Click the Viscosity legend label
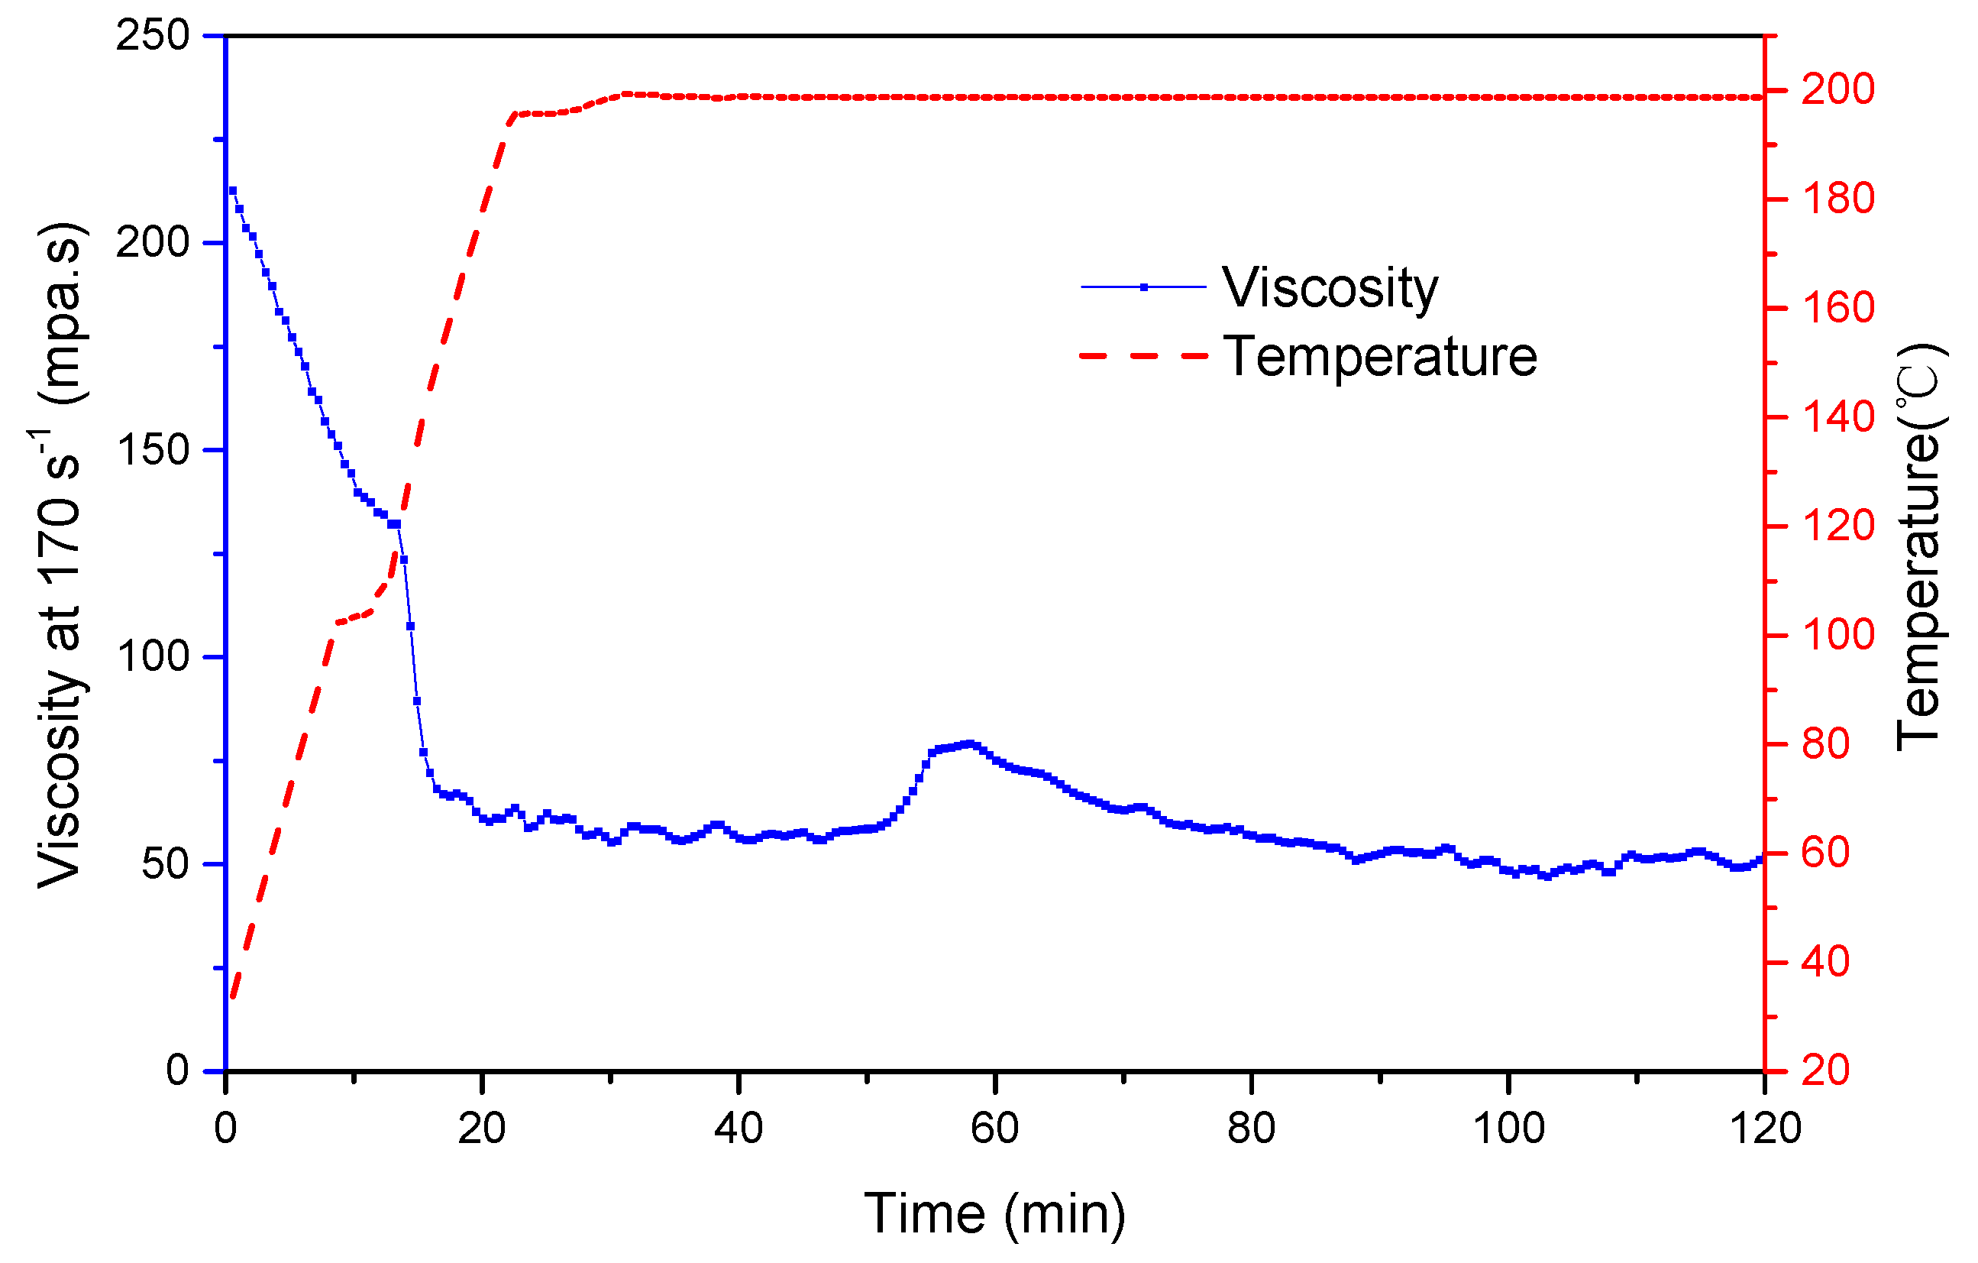pyautogui.click(x=1330, y=288)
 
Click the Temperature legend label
pyautogui.click(x=1380, y=358)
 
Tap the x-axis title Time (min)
pyautogui.click(x=995, y=1213)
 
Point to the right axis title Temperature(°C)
pyautogui.click(x=1919, y=546)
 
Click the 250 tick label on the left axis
pyautogui.click(x=153, y=36)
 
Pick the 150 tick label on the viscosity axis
pyautogui.click(x=153, y=450)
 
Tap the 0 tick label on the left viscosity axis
pyautogui.click(x=176, y=1070)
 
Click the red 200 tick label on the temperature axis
pyautogui.click(x=1838, y=89)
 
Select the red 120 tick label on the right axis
pyautogui.click(x=1838, y=526)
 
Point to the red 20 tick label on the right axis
pyautogui.click(x=1825, y=1070)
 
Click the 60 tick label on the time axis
pyautogui.click(x=995, y=1129)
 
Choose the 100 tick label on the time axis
pyautogui.click(x=1508, y=1129)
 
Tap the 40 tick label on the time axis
pyautogui.click(x=739, y=1129)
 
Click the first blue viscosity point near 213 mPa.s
pyautogui.click(x=232, y=191)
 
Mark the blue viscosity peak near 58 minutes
pyautogui.click(x=969, y=743)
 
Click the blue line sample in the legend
pyautogui.click(x=1143, y=287)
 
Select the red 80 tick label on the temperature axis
pyautogui.click(x=1825, y=744)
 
